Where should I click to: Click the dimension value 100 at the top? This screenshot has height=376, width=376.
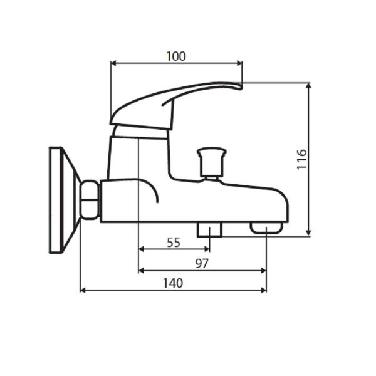[x=176, y=56]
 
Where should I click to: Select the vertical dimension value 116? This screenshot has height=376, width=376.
[x=301, y=160]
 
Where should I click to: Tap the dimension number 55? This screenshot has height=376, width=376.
[x=175, y=243]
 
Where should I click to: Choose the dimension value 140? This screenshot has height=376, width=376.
[x=172, y=283]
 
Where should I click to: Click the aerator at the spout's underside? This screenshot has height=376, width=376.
[x=266, y=227]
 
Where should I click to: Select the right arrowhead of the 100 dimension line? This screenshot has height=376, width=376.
[x=239, y=63]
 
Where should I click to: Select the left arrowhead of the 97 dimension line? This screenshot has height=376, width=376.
[x=141, y=270]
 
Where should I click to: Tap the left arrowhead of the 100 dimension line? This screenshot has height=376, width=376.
[x=113, y=63]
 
